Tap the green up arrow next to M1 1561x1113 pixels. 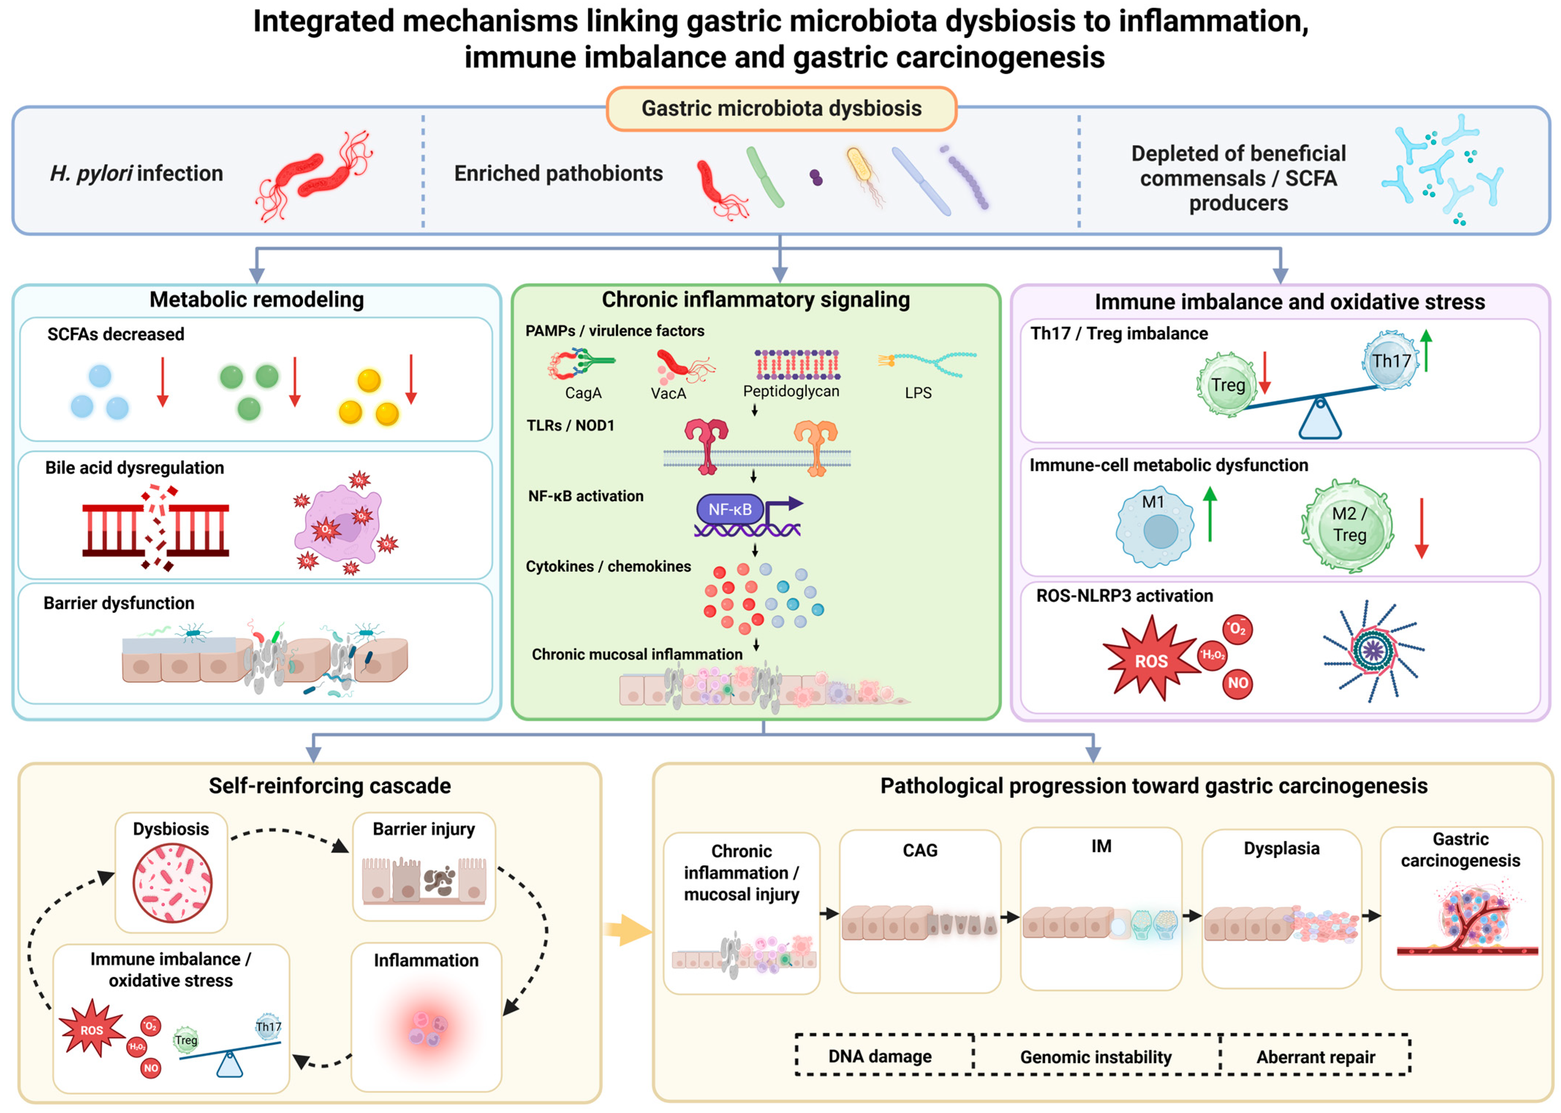[1210, 514]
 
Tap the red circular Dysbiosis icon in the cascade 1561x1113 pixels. [172, 883]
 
